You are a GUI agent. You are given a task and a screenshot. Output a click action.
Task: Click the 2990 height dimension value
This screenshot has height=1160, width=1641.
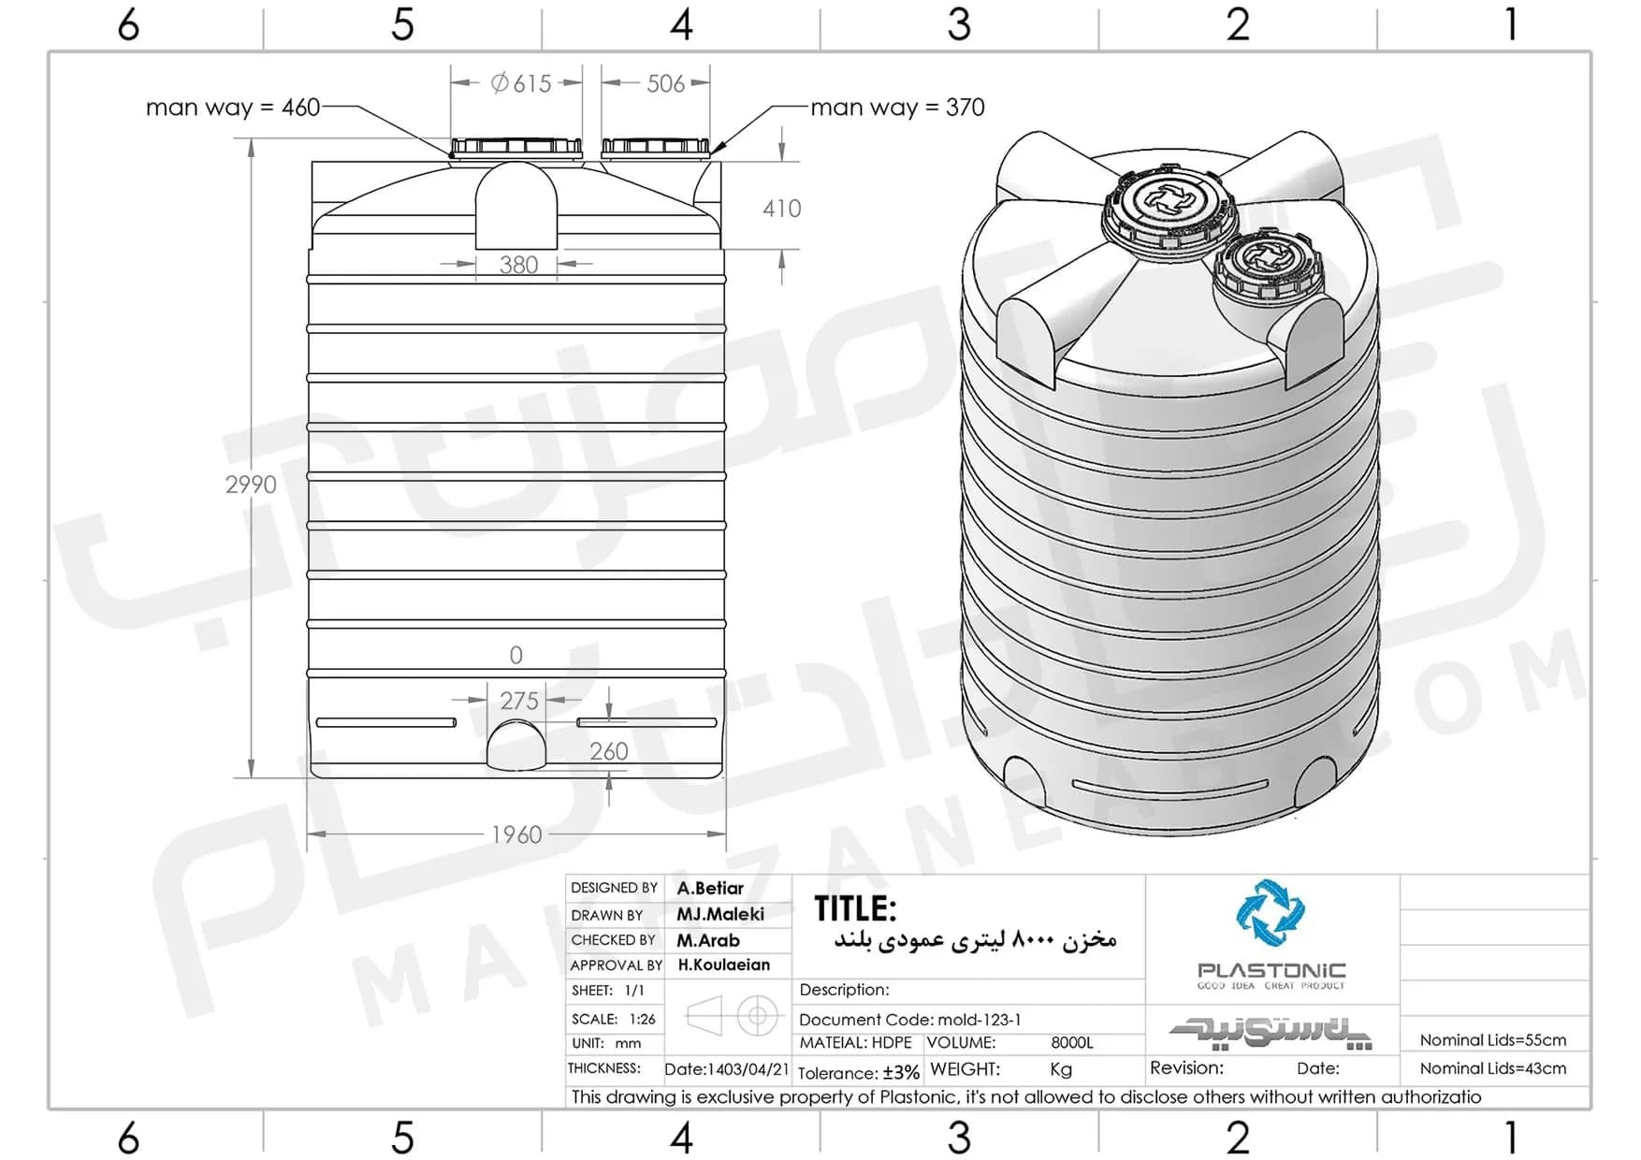pos(251,485)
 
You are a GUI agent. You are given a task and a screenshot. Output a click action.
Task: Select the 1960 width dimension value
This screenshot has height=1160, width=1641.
pos(516,834)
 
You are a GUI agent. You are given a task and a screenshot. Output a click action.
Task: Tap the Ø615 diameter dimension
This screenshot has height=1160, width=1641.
pos(521,83)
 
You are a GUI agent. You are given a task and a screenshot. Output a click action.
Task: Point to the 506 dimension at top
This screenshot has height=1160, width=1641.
pos(665,84)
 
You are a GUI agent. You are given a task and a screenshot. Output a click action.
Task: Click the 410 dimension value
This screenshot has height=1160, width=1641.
pos(781,209)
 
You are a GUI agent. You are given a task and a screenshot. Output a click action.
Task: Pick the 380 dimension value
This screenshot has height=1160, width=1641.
pos(518,265)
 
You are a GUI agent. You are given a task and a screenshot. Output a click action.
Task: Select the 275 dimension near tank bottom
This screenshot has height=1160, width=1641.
pos(519,701)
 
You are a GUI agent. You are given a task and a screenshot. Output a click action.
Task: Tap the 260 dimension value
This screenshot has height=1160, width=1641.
pos(608,751)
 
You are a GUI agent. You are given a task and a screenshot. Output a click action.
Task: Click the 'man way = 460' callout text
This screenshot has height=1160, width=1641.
pos(233,108)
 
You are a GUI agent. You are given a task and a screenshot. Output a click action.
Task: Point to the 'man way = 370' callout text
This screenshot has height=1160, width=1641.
pos(897,108)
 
